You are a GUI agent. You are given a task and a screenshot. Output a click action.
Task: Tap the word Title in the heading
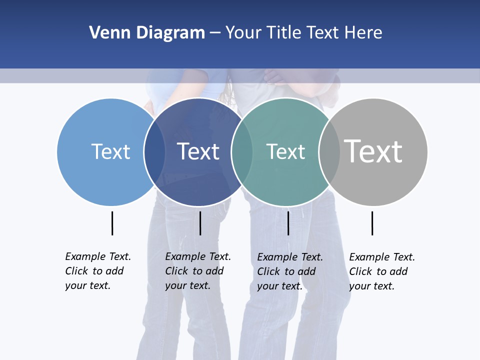pyautogui.click(x=284, y=32)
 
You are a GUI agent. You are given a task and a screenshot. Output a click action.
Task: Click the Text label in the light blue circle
pyautogui.click(x=110, y=151)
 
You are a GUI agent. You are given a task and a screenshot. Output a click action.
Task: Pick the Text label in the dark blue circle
pyautogui.click(x=198, y=151)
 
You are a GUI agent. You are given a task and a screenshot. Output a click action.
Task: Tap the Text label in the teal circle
pyautogui.click(x=285, y=151)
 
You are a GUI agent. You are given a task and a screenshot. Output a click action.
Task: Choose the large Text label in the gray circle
pyautogui.click(x=373, y=151)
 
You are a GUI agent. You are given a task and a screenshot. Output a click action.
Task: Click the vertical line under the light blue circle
pyautogui.click(x=112, y=223)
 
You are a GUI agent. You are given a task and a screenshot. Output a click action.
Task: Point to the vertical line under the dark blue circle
pyautogui.click(x=200, y=223)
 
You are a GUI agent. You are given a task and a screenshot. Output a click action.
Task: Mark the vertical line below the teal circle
pyautogui.click(x=288, y=223)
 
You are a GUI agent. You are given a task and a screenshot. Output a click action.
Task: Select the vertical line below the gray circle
pyautogui.click(x=372, y=223)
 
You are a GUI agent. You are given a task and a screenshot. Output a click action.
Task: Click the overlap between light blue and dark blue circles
pyautogui.click(x=154, y=151)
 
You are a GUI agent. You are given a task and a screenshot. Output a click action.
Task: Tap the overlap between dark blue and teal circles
pyautogui.click(x=242, y=151)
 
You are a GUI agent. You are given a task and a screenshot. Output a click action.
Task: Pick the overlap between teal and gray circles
pyautogui.click(x=329, y=151)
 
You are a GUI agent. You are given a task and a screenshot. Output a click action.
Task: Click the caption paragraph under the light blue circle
pyautogui.click(x=98, y=271)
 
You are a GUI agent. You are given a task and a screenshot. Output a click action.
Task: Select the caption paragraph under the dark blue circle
pyautogui.click(x=198, y=271)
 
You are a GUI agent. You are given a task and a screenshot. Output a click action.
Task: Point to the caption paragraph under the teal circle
pyautogui.click(x=290, y=271)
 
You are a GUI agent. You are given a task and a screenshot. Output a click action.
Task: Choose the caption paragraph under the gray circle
pyautogui.click(x=382, y=271)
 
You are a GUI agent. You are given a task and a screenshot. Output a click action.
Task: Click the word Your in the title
pyautogui.click(x=243, y=32)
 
